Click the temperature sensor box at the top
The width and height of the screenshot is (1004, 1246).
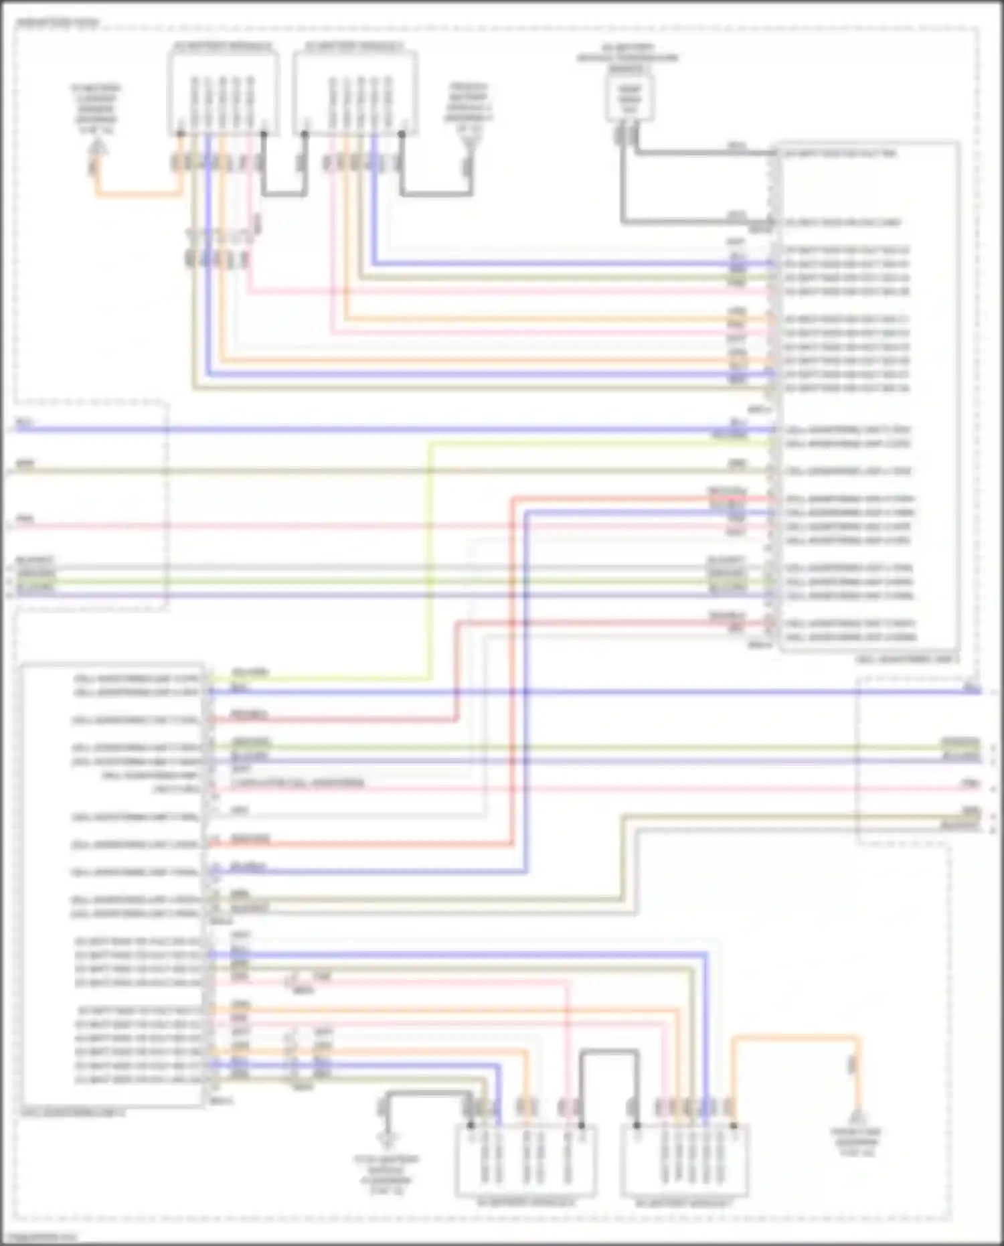point(629,98)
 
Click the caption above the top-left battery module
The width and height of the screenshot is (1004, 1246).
point(223,46)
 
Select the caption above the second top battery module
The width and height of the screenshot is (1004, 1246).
point(354,46)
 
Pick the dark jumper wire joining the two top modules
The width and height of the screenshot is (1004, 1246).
point(284,194)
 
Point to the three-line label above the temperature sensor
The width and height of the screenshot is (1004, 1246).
point(627,58)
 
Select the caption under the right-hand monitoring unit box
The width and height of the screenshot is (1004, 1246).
point(907,659)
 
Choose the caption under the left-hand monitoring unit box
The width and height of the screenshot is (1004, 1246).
point(72,1113)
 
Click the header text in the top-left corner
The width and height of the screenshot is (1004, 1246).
point(58,23)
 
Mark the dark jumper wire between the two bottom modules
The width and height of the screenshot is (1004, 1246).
point(608,1053)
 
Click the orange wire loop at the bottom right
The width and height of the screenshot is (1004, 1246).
point(797,1039)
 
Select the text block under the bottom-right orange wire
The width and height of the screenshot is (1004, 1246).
point(857,1142)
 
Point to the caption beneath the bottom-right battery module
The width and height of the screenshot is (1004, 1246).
point(683,1203)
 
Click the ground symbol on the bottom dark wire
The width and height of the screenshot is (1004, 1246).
point(386,1137)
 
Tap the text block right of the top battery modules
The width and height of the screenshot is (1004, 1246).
point(469,107)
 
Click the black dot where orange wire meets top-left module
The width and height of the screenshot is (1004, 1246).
point(180,133)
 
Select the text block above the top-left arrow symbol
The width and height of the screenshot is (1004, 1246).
point(96,108)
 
